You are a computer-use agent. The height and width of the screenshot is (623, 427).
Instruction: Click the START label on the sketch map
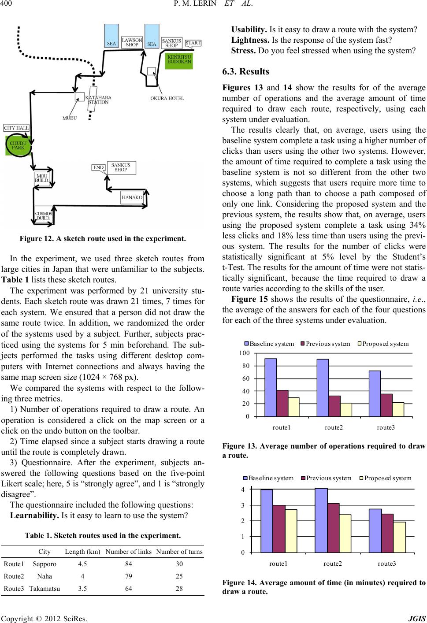point(193,43)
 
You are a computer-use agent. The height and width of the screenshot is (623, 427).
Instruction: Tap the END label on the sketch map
point(98,167)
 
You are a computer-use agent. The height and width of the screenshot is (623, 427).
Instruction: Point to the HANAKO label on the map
point(132,198)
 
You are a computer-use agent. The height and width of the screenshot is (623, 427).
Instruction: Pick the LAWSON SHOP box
point(132,42)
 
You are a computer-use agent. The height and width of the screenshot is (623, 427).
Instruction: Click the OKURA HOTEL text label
point(167,98)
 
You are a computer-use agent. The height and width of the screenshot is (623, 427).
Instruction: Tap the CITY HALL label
point(17,128)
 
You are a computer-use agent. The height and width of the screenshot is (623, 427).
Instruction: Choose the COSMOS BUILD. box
point(44,216)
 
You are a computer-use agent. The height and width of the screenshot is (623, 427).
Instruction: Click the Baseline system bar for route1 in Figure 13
point(271,387)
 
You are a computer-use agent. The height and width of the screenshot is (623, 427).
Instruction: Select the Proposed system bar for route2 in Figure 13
point(346,409)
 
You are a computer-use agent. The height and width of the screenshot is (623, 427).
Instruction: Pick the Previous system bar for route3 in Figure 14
point(387,533)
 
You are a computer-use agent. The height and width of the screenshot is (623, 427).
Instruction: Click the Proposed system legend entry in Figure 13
point(383,343)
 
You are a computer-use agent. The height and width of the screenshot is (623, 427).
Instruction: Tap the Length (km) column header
point(83,552)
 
